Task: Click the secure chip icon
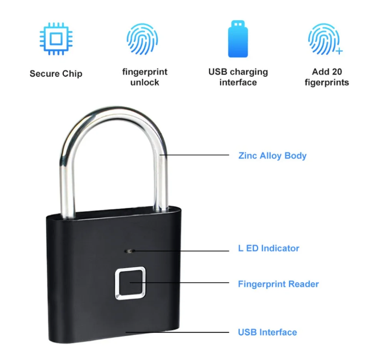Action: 56,39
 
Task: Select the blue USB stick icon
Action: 238,39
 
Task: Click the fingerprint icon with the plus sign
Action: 325,40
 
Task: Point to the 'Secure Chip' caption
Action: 56,74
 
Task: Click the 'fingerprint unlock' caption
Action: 144,77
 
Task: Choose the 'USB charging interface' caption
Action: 238,77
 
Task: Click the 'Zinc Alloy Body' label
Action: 272,156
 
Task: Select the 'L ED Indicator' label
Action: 269,248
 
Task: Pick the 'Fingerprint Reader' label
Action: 278,284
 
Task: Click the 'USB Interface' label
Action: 267,332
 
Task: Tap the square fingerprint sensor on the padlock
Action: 129,283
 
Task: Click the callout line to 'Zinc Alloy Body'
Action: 196,155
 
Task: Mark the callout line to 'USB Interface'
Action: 180,332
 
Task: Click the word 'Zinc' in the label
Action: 248,156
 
